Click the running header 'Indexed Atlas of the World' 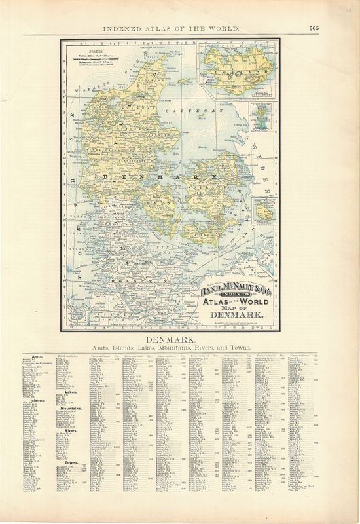point(171,28)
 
